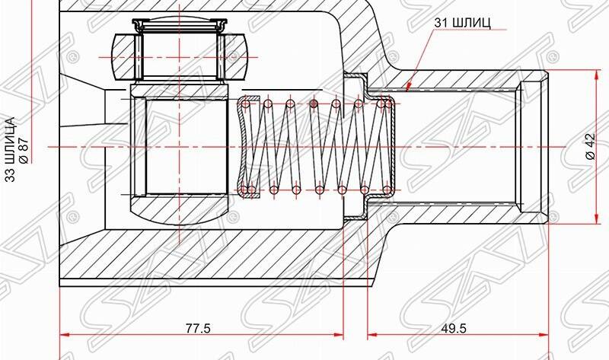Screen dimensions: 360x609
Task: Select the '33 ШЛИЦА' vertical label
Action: [x=10, y=145]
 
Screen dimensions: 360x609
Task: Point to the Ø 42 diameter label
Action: [x=589, y=146]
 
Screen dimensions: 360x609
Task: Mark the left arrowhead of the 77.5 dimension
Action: [x=65, y=335]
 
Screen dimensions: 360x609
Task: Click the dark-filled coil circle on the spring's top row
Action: [x=313, y=104]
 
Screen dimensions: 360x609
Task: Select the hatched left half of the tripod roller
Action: [x=123, y=58]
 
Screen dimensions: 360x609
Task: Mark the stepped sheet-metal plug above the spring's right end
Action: [x=355, y=84]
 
